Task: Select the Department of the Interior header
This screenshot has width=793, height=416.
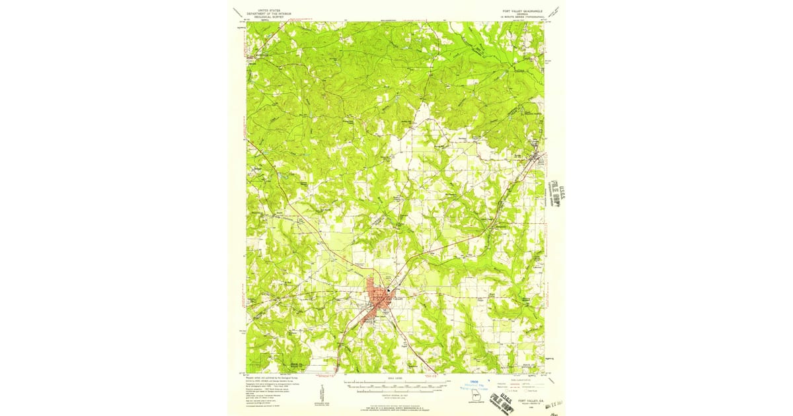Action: (268, 13)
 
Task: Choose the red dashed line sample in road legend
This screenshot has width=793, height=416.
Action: (508, 386)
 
